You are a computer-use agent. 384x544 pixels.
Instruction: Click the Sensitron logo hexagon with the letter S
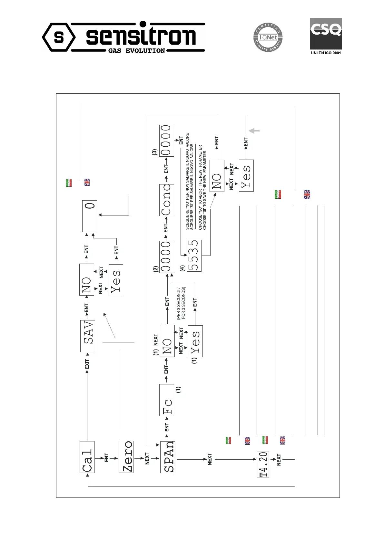coord(59,37)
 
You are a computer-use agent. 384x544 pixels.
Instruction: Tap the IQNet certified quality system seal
coord(267,37)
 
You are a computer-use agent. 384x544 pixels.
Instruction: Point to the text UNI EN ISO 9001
coord(325,53)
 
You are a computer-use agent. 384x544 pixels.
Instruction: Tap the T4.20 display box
coord(263,464)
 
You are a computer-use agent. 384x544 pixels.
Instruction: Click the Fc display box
coord(167,400)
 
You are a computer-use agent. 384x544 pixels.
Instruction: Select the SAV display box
coord(88,336)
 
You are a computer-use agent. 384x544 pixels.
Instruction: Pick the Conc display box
coord(167,200)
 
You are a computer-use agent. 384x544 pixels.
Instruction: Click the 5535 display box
coord(194,256)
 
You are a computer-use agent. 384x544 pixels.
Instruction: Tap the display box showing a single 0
coord(90,216)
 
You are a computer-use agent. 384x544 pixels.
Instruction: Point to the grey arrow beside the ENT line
coord(254,131)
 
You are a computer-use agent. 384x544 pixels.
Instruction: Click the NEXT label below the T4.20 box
coord(279,460)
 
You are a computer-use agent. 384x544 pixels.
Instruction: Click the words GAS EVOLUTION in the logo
coord(137,50)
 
